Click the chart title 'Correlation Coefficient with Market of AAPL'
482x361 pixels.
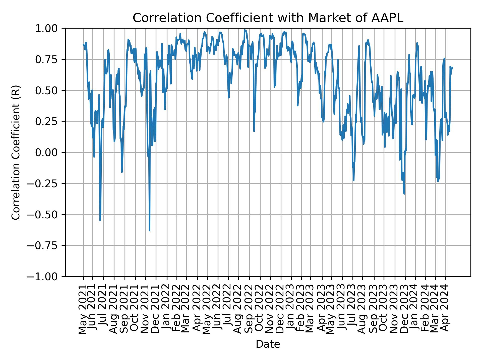268,18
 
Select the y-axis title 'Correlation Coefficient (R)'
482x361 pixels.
16,152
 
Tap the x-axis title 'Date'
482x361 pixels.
268,344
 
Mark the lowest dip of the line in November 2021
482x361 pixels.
149,230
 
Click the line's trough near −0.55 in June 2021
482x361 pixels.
100,220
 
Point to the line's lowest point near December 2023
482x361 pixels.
404,194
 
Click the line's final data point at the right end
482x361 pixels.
452,67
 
